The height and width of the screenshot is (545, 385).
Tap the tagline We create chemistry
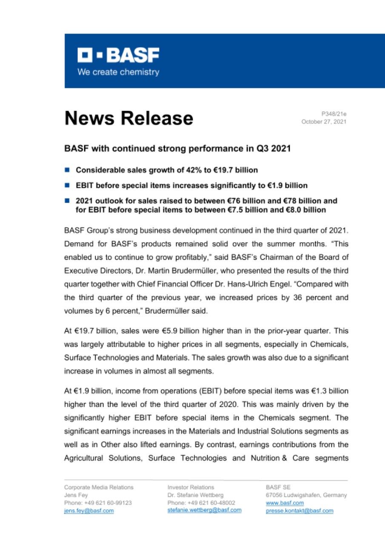[x=118, y=72]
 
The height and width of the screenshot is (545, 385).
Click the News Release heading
[x=128, y=118]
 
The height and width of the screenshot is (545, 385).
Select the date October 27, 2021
[x=324, y=122]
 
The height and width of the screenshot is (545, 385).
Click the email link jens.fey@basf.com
[x=89, y=511]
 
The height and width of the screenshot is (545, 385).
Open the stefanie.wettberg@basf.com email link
[x=205, y=510]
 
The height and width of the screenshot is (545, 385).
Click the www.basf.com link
[x=279, y=503]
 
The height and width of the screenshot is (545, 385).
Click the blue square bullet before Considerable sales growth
[x=67, y=170]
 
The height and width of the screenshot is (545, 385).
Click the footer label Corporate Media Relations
[x=99, y=487]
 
